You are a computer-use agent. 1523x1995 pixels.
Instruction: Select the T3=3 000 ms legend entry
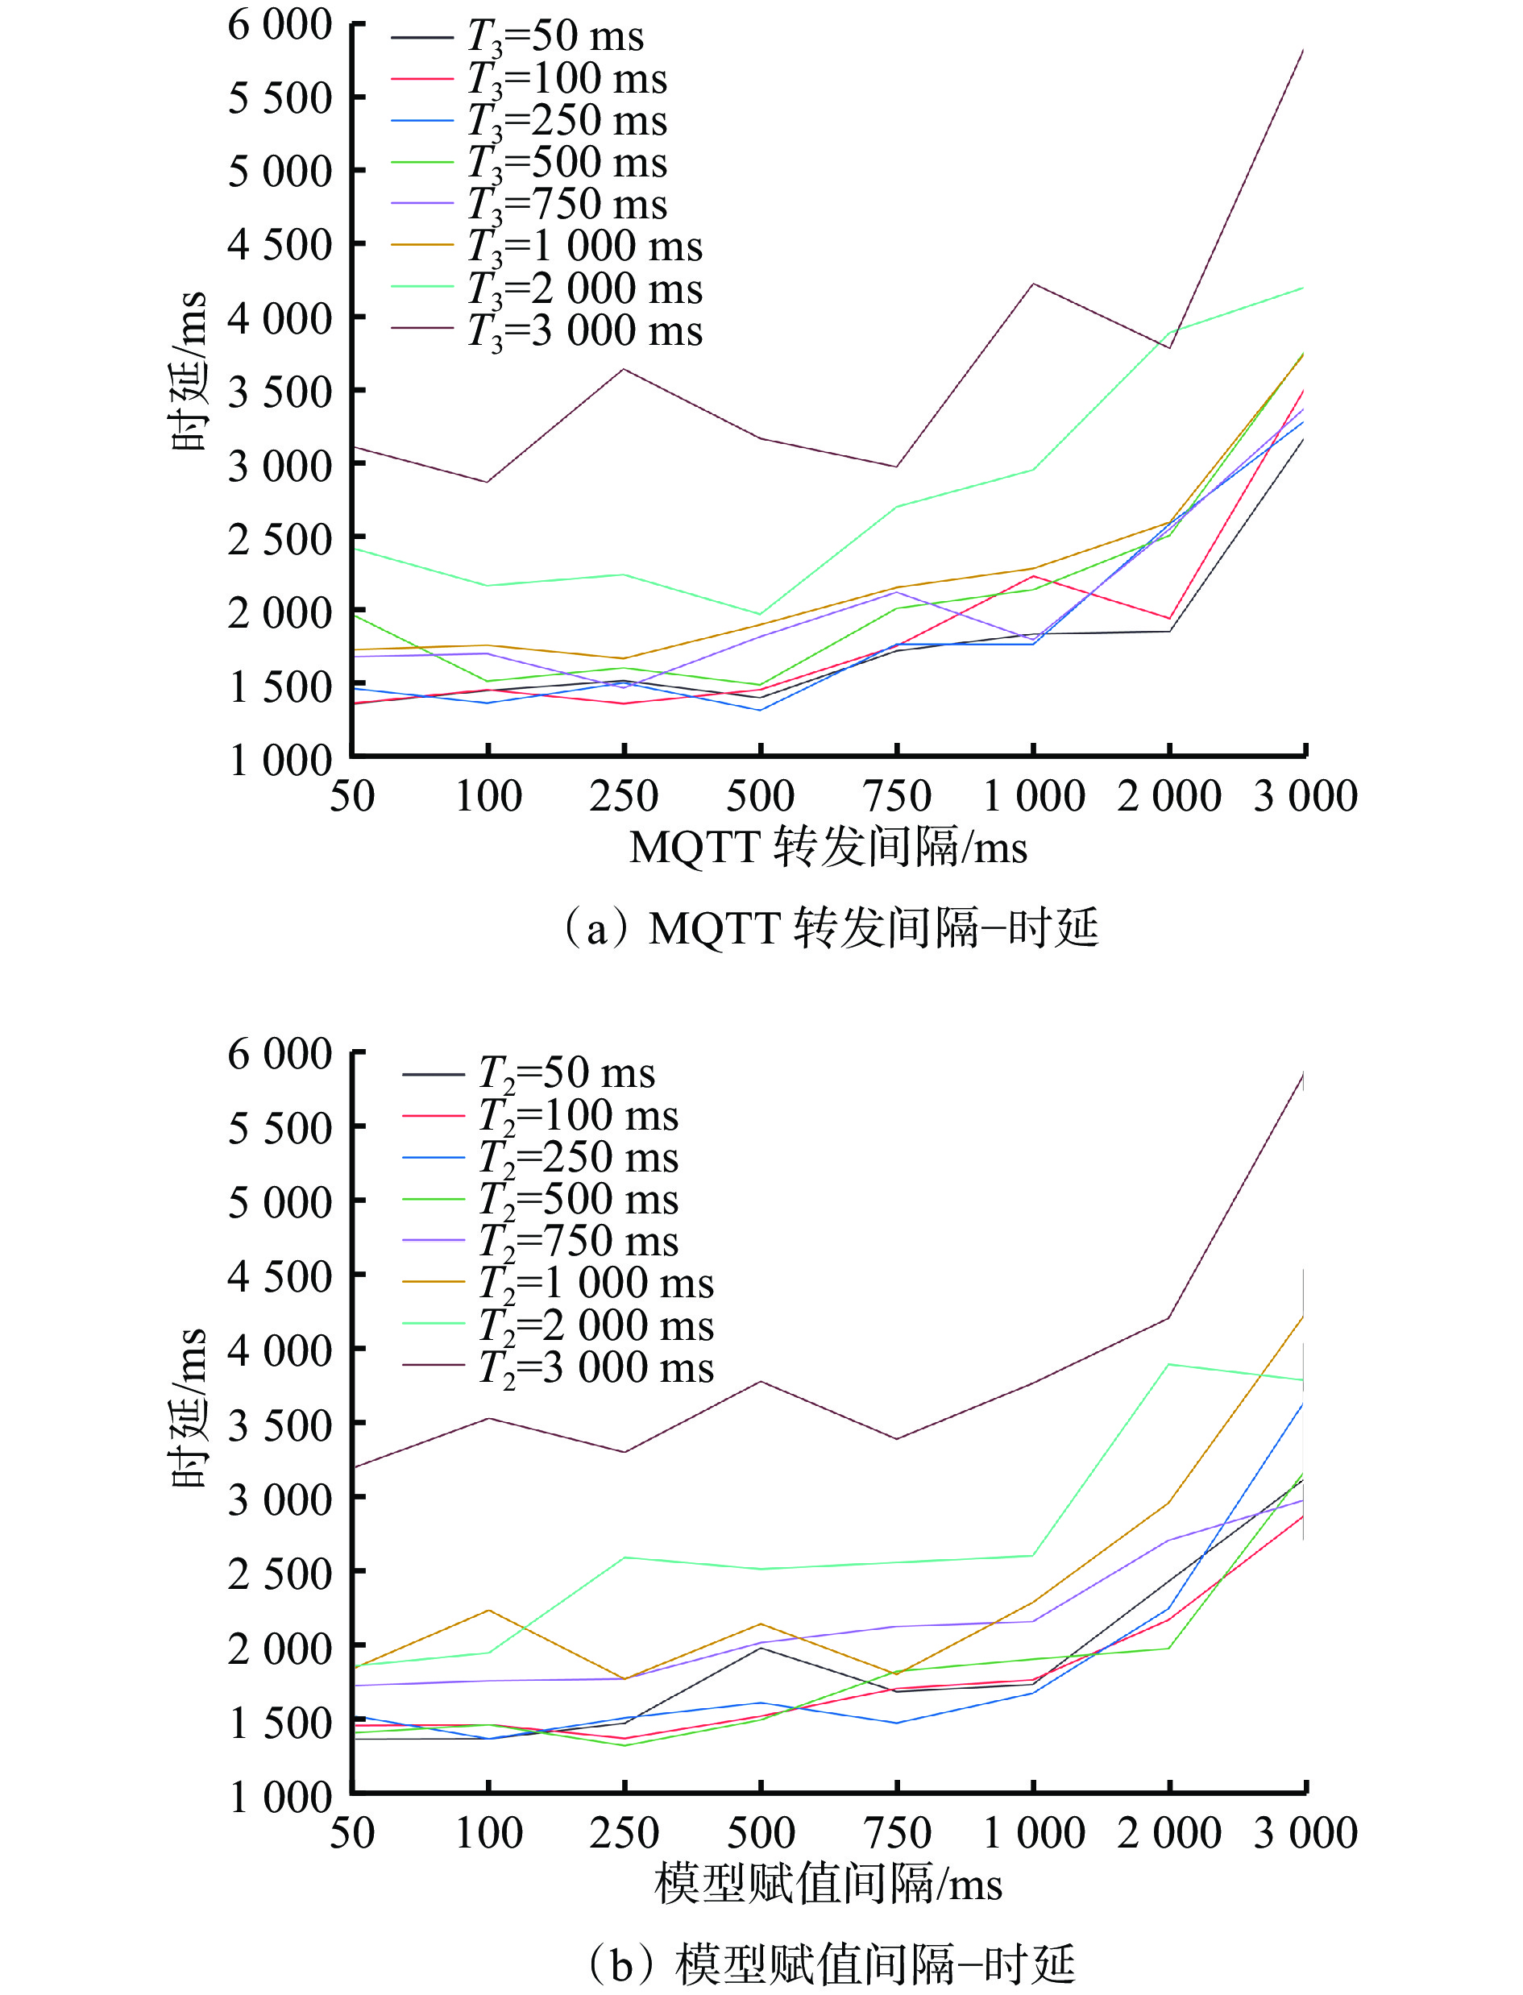(585, 331)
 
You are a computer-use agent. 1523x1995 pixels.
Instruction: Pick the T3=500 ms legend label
(566, 163)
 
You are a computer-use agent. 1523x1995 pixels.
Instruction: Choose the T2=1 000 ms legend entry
(596, 1284)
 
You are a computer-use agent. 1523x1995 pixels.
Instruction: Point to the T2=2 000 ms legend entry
(596, 1326)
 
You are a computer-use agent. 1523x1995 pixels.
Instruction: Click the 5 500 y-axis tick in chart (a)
(279, 97)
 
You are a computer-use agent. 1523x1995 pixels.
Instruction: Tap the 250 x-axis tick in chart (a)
(624, 797)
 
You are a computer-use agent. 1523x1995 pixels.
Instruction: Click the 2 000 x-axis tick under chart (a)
(1169, 797)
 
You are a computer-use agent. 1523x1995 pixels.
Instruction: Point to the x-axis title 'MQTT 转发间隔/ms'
(828, 848)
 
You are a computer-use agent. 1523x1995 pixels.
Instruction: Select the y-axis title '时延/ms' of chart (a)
(189, 371)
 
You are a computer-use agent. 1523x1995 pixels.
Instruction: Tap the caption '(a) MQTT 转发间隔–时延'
(830, 928)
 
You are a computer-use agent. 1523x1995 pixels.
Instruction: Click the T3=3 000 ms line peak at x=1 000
(1033, 284)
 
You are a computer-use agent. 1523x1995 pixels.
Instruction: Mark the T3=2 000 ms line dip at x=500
(761, 615)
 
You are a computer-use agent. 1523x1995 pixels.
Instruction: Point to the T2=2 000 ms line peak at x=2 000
(1169, 1364)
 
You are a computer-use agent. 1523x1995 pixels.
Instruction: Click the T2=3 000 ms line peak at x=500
(761, 1381)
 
